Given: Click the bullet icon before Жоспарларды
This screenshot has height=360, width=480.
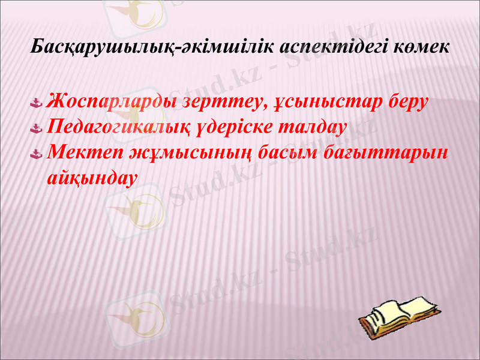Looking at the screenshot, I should pos(37,103).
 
